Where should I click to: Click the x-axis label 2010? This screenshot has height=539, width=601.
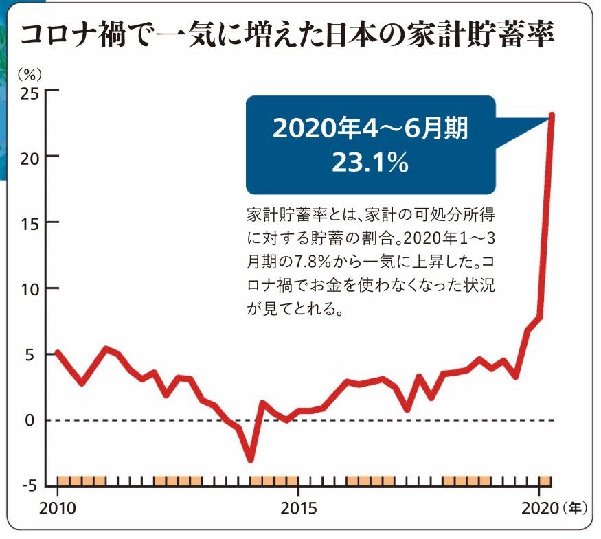point(57,509)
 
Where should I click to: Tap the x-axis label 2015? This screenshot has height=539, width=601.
point(297,509)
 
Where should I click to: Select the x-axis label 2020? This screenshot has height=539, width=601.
point(537,509)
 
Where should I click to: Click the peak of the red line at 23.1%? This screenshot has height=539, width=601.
point(552,116)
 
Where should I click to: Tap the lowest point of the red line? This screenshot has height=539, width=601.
point(250,459)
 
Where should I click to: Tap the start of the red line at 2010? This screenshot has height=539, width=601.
point(58,353)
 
